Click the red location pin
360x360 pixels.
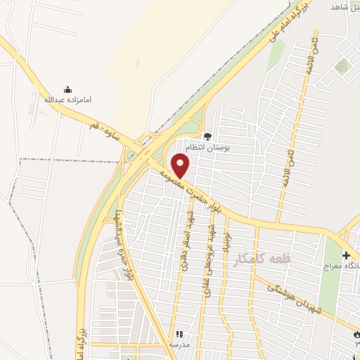(x=181, y=165)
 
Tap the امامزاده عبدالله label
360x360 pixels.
(x=68, y=100)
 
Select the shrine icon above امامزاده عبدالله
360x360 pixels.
(x=67, y=89)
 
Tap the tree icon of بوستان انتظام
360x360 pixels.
(x=207, y=136)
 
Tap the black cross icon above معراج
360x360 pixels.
(x=345, y=255)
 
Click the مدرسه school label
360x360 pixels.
(x=179, y=344)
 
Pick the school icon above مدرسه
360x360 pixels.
(x=179, y=333)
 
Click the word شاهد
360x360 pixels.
(x=344, y=6)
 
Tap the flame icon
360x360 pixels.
(x=355, y=335)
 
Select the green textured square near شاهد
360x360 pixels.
(x=342, y=67)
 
